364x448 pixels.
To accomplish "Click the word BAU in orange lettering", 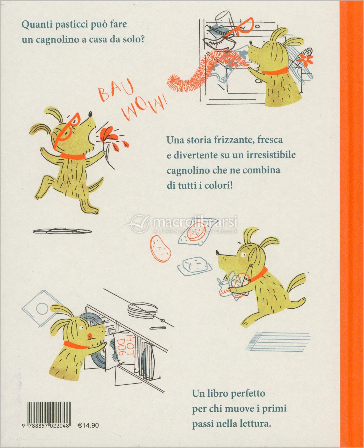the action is (116, 91).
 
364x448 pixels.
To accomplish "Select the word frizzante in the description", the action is (234, 140).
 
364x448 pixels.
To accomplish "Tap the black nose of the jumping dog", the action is (90, 115).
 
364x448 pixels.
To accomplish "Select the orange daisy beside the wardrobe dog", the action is (306, 59).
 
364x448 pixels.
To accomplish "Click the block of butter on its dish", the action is (195, 265).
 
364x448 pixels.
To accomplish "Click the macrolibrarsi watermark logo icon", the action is (139, 223).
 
